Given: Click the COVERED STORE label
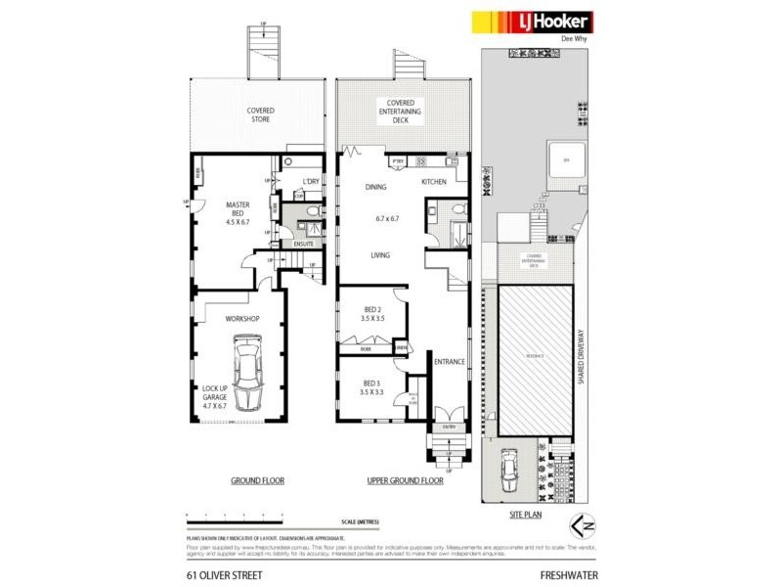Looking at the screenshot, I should (260, 115).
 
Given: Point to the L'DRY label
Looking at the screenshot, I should (311, 183).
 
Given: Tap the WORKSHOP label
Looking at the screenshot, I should (242, 319).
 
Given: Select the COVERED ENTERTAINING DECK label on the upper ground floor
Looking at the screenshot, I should (401, 112).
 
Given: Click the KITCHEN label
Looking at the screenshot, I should (434, 183).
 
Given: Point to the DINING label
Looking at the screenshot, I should (376, 187).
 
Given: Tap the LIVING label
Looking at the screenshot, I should (380, 255).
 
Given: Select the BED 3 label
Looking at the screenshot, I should (370, 386).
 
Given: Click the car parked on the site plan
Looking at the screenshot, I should (509, 473).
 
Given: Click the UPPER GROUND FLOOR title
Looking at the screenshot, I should (405, 480).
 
